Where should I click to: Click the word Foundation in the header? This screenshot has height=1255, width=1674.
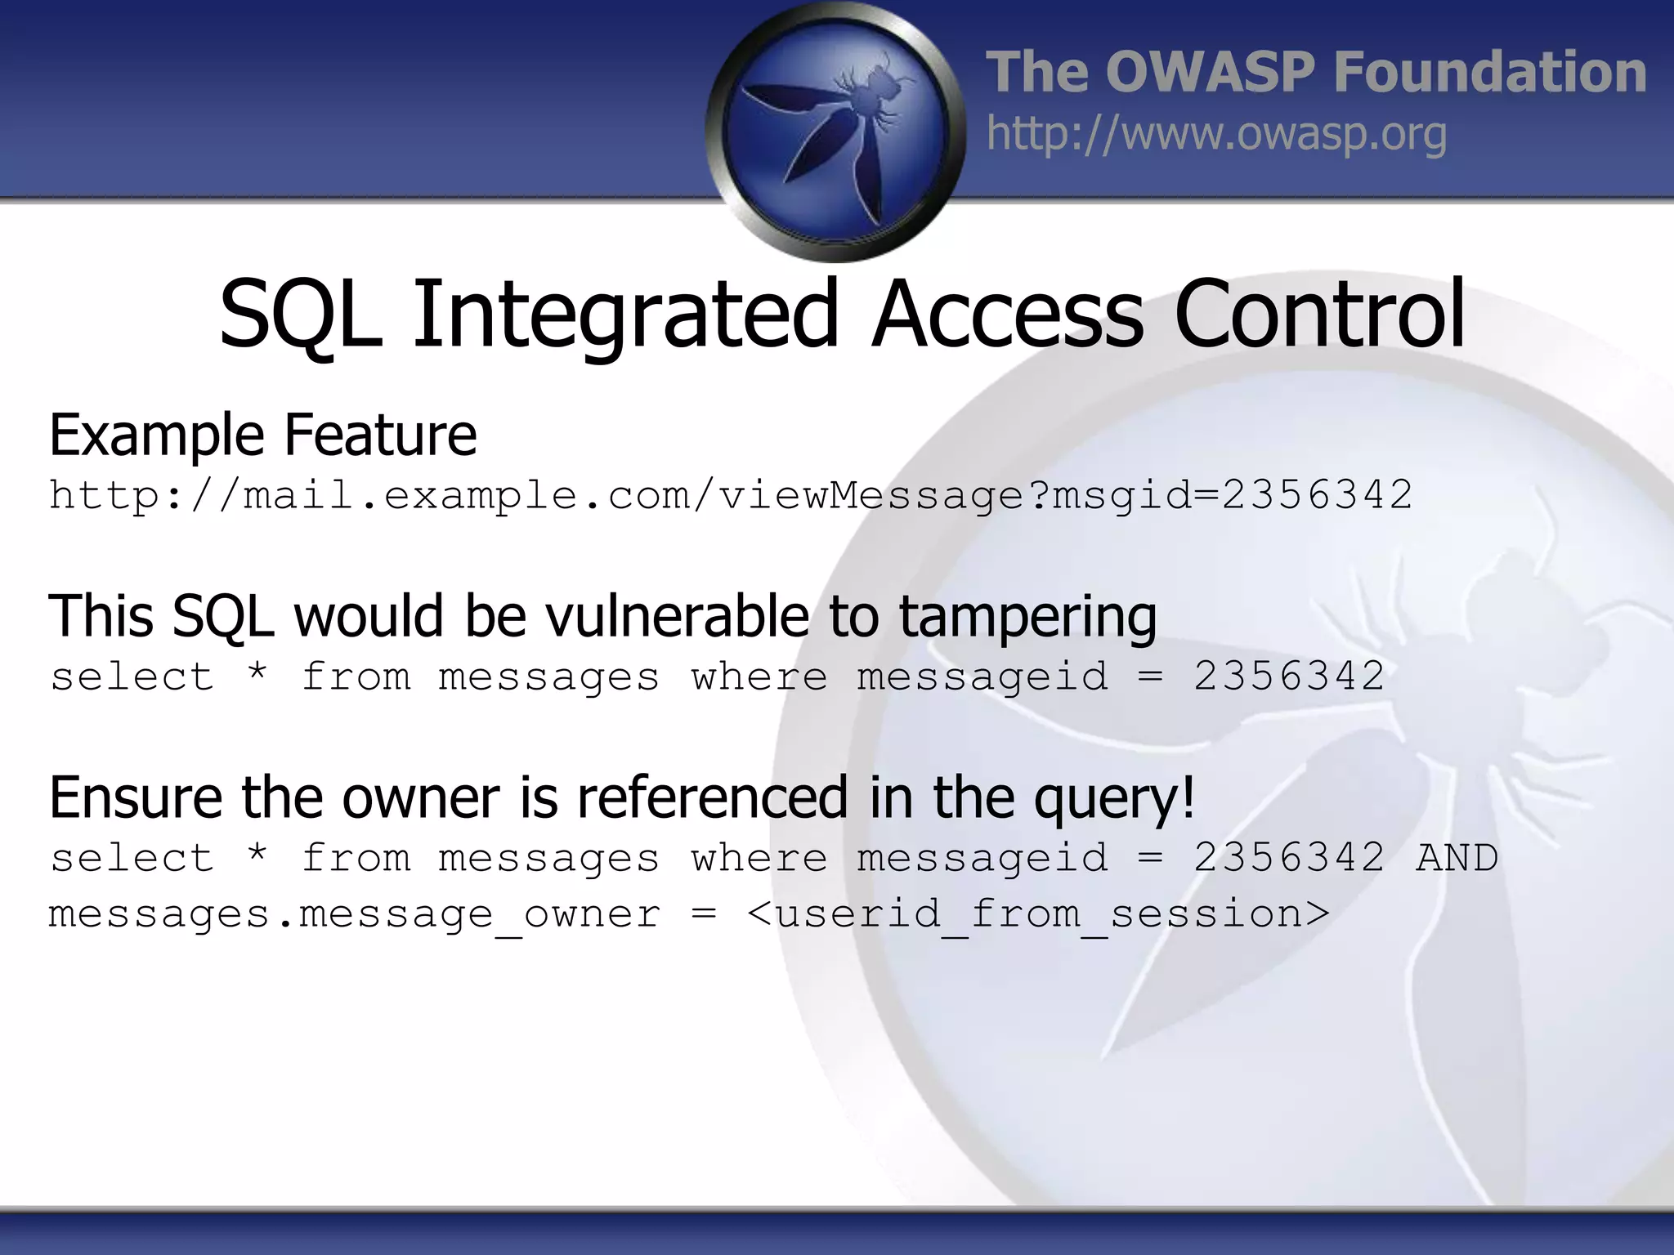1489,72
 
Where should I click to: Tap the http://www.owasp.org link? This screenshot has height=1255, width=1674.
1216,134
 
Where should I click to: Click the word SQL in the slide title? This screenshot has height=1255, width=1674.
301,315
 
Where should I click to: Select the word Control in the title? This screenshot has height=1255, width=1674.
1319,315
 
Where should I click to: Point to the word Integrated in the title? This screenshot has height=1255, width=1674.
625,315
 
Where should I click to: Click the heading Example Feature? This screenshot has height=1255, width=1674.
262,435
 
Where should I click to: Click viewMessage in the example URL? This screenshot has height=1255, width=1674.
871,495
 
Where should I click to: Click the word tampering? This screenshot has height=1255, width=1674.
1027,618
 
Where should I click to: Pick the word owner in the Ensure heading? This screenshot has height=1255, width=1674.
420,797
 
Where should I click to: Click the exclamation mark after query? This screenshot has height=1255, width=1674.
1188,796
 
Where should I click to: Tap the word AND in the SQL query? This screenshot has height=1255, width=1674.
1457,858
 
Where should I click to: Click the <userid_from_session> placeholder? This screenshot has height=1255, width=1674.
1038,914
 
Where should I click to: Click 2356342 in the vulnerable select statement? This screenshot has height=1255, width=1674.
1289,677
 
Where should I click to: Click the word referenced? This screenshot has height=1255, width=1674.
713,797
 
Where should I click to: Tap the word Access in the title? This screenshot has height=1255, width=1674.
1007,315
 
